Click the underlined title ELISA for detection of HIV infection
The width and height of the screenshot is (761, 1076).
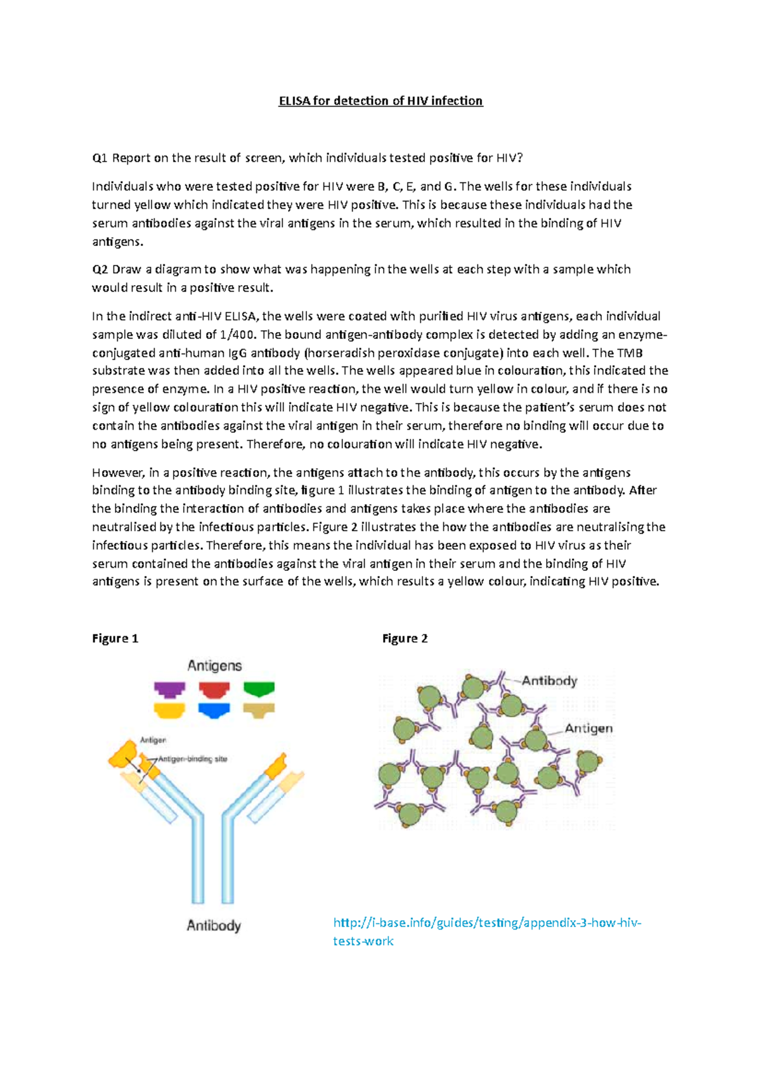tap(380, 101)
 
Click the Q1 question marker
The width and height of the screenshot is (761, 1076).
tap(100, 158)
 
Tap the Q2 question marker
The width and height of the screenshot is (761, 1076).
tap(100, 269)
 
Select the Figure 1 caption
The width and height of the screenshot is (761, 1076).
tap(115, 638)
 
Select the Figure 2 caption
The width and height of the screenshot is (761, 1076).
tap(405, 638)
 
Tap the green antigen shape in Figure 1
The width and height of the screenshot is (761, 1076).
tap(259, 689)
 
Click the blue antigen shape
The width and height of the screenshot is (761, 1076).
tap(214, 710)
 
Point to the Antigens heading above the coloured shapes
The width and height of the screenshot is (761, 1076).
tap(214, 665)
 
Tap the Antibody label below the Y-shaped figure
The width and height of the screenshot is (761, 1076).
tap(214, 925)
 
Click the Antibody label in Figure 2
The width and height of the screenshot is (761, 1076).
tap(549, 681)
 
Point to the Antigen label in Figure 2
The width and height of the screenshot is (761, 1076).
tap(589, 728)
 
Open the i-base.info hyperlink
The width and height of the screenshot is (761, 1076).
tap(487, 923)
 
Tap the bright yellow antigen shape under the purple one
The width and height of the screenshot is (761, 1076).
tap(169, 710)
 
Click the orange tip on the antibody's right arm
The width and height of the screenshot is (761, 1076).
tap(276, 765)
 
